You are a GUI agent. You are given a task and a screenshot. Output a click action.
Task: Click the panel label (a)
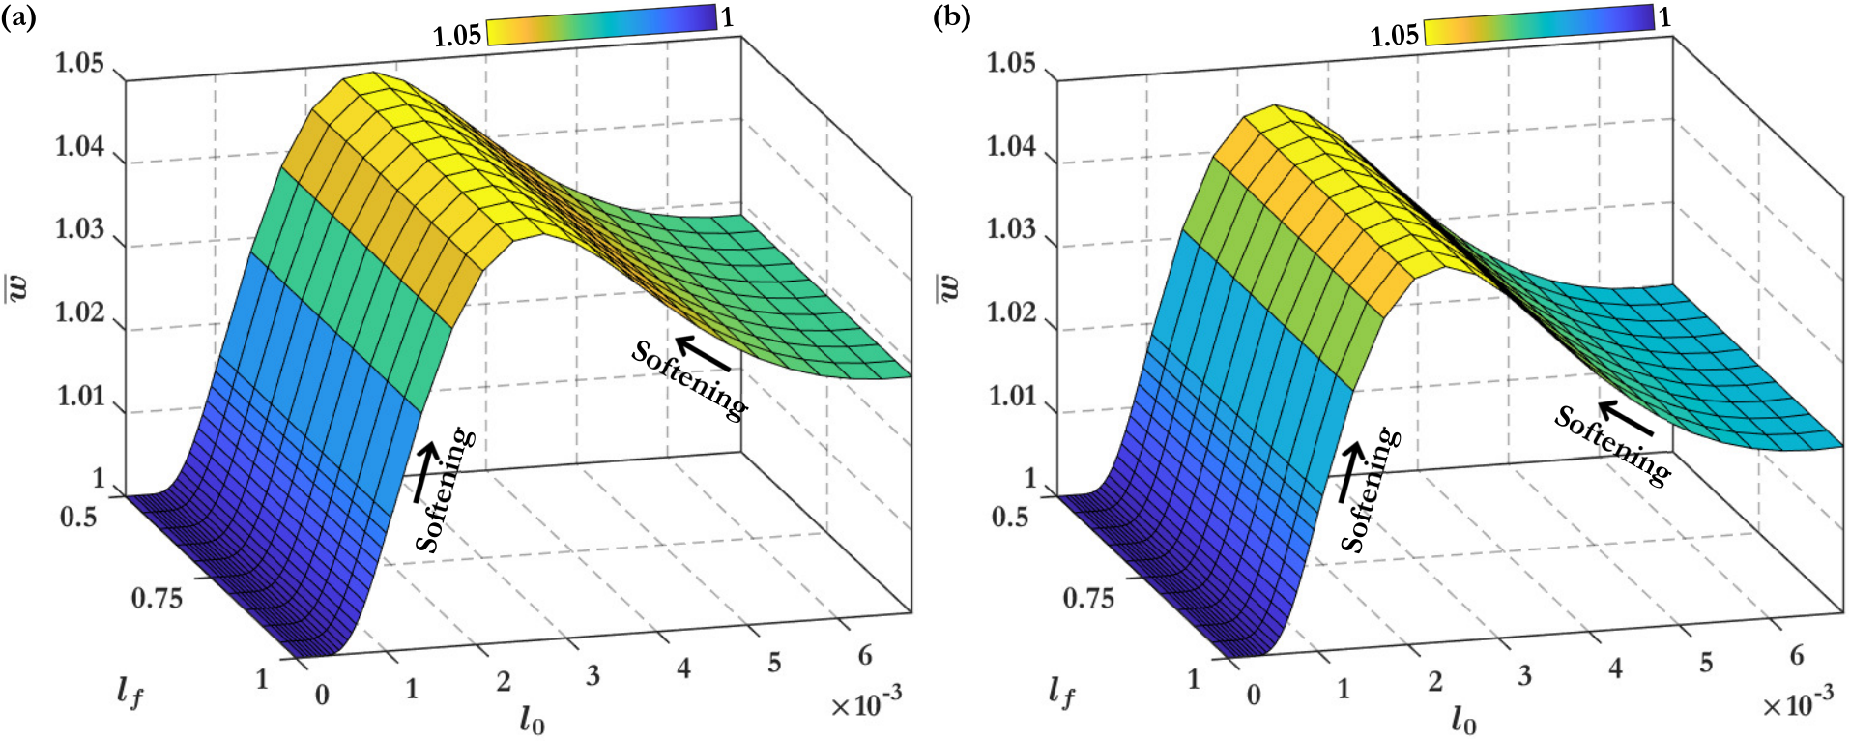[18, 17]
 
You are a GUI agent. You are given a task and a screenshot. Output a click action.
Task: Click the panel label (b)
[952, 17]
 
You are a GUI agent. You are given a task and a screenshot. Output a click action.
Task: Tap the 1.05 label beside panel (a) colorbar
[456, 36]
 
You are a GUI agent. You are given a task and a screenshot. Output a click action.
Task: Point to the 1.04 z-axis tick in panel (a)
[78, 147]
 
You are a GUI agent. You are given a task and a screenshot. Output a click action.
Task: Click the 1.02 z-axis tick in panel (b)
[1011, 312]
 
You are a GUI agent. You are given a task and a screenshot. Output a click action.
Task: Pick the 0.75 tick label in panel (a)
[157, 598]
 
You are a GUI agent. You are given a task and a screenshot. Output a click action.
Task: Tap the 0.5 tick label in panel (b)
[1011, 517]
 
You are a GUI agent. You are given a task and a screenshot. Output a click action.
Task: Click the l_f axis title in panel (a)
[130, 692]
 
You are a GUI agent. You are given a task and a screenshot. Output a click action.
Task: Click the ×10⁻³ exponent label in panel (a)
[867, 703]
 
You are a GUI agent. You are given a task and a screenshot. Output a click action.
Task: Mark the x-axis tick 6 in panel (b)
[1796, 656]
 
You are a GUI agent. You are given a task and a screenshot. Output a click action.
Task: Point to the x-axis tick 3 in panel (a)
[593, 676]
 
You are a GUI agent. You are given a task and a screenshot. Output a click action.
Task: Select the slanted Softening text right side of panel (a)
[689, 381]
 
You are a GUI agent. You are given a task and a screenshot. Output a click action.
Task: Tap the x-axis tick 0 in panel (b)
[1254, 695]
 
